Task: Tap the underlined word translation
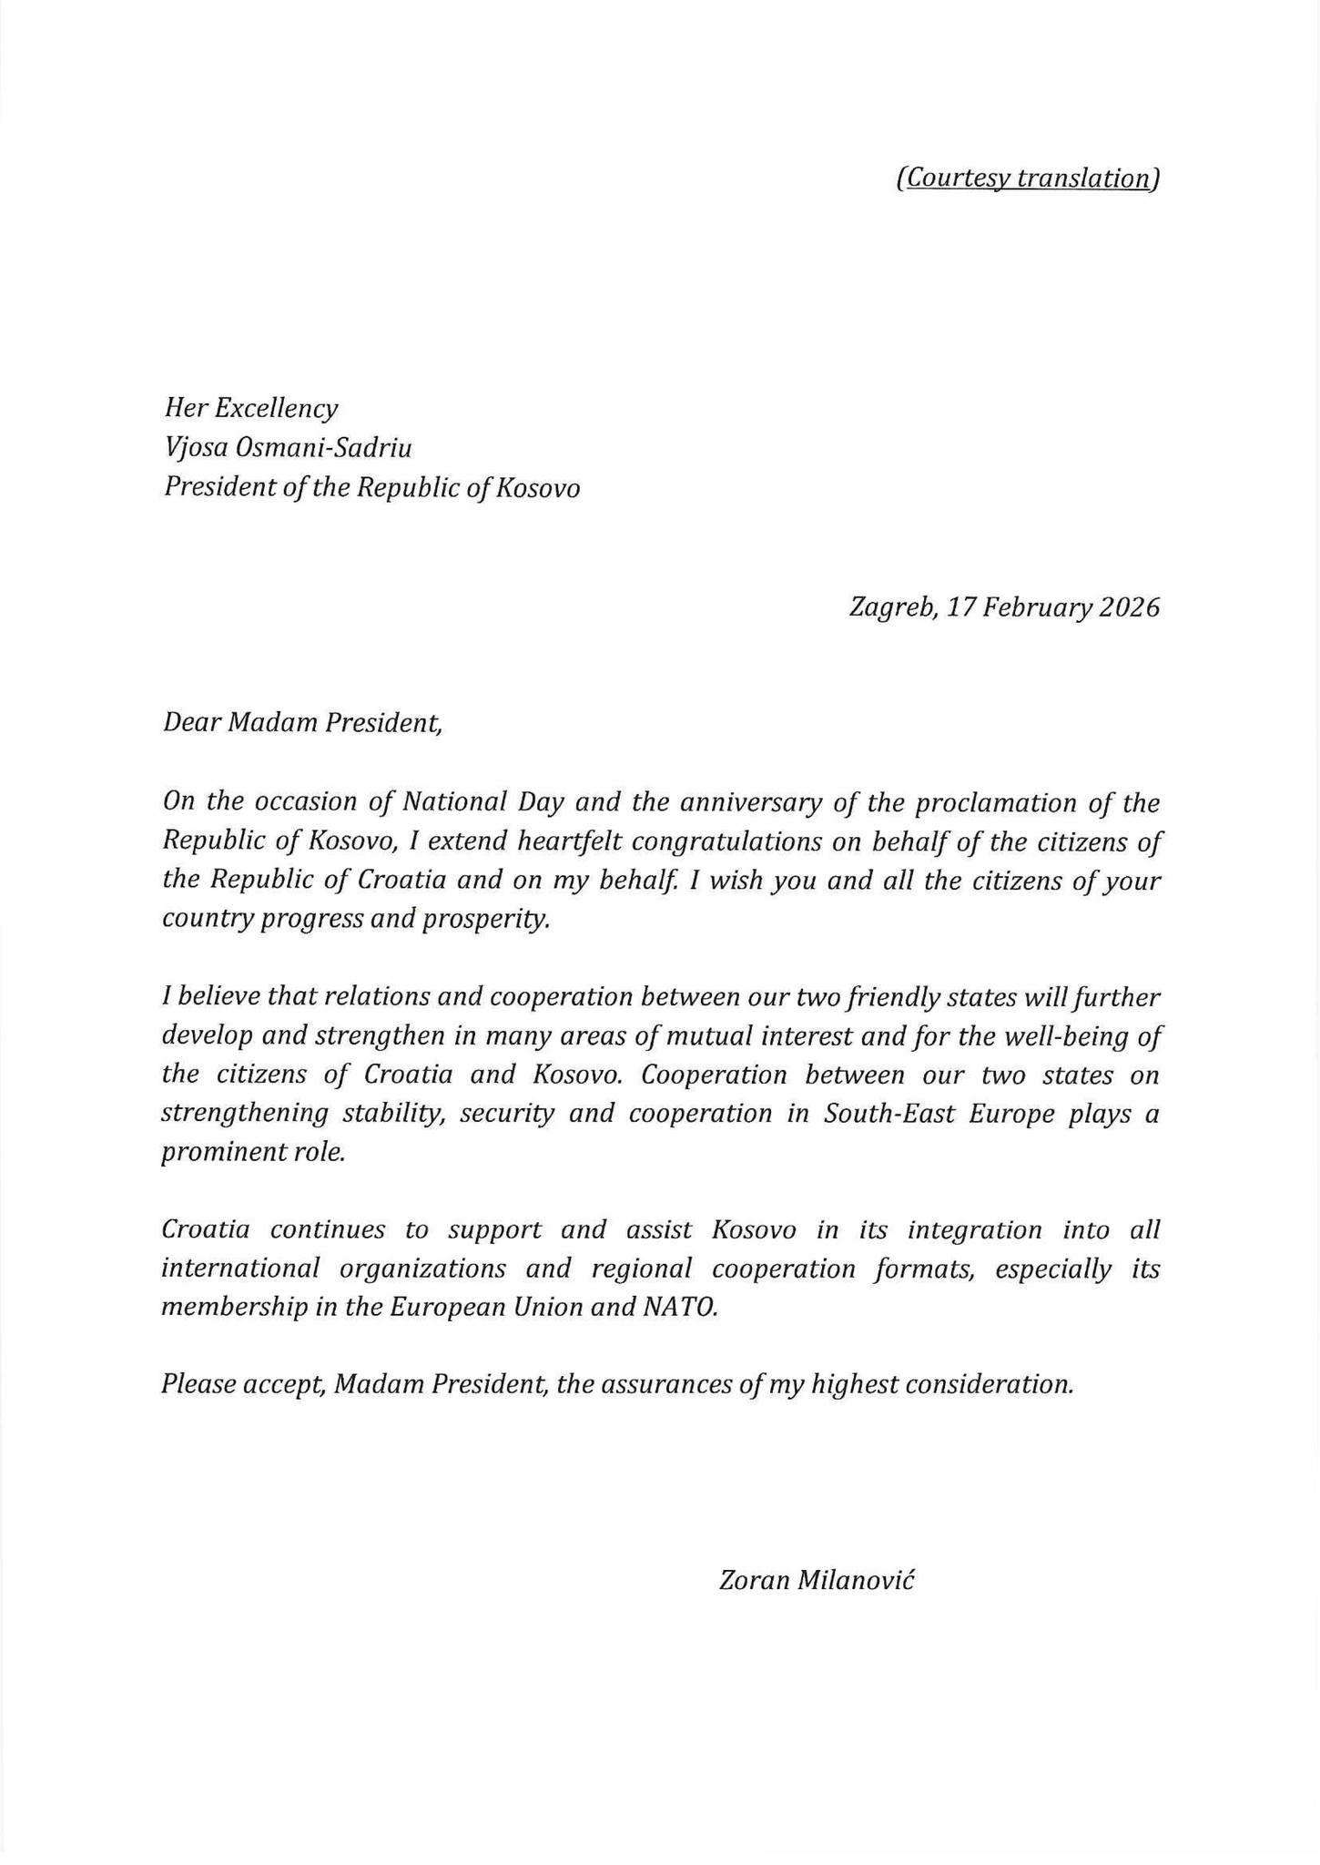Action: pyautogui.click(x=1082, y=178)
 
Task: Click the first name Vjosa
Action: pyautogui.click(x=195, y=448)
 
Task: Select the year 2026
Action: pyautogui.click(x=1129, y=606)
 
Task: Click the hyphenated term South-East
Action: pyautogui.click(x=880, y=1114)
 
